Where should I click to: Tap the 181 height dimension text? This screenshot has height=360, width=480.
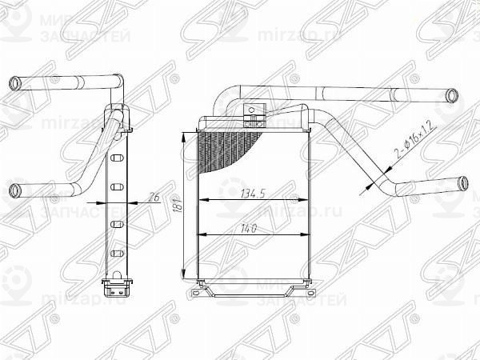click(179, 210)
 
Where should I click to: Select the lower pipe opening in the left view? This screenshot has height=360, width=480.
click(16, 190)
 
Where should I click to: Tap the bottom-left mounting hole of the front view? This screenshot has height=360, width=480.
click(195, 297)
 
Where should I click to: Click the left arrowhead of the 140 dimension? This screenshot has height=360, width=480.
click(200, 234)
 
